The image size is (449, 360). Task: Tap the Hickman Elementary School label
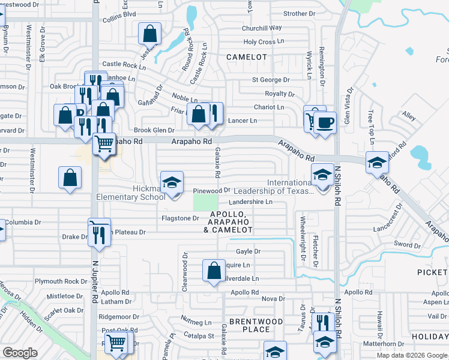tap(131, 193)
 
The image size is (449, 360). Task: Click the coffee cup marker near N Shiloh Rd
tap(325, 123)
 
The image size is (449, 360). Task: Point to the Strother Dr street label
tap(299, 13)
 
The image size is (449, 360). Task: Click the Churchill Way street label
tap(262, 28)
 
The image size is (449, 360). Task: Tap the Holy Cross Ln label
tap(259, 42)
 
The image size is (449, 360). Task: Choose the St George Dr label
tap(270, 79)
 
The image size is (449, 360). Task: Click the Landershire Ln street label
tap(250, 202)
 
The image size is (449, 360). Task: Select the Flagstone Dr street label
tap(180, 218)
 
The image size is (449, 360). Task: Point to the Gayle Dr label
tap(248, 252)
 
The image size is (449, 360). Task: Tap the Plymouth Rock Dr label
tap(61, 281)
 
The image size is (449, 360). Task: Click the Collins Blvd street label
tap(119, 14)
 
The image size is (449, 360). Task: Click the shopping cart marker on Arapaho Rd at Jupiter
tap(104, 144)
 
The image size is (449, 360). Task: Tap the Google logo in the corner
tap(20, 353)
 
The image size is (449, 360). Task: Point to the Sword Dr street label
tap(408, 245)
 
